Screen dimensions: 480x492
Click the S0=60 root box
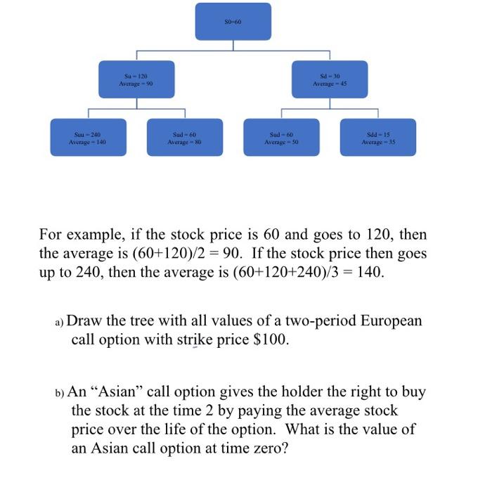pyautogui.click(x=233, y=20)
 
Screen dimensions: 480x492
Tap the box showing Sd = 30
pyautogui.click(x=330, y=79)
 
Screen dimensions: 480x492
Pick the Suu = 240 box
pyautogui.click(x=87, y=137)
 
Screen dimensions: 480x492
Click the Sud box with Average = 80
pyautogui.click(x=184, y=137)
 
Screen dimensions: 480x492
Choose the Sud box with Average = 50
pyautogui.click(x=281, y=137)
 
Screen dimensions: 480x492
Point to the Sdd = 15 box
pyautogui.click(x=378, y=137)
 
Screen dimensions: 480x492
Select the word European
pyautogui.click(x=391, y=322)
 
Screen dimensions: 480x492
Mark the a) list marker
pyautogui.click(x=59, y=323)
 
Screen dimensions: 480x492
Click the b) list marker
pyautogui.click(x=60, y=392)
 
